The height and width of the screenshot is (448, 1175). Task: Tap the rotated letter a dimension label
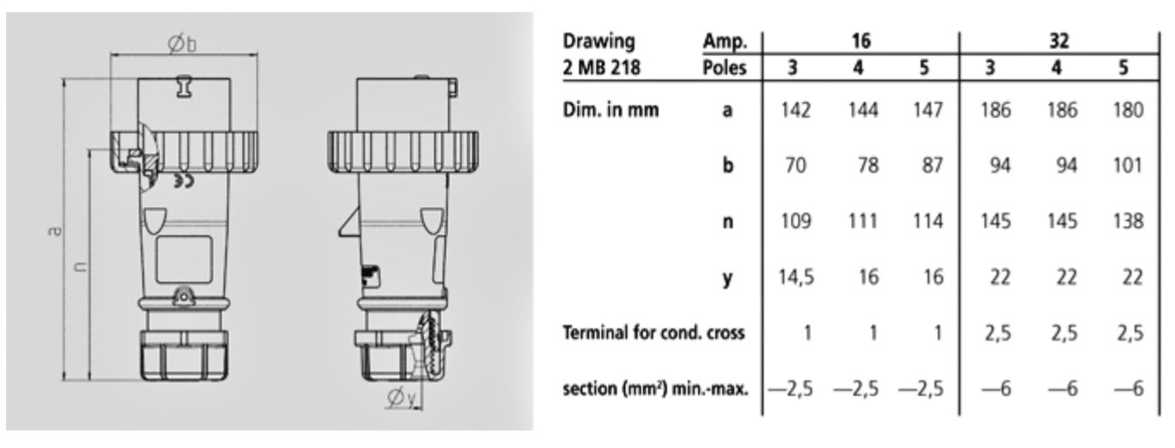(55, 231)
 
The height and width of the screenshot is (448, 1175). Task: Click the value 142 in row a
(795, 109)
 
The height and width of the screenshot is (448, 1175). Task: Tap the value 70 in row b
(795, 165)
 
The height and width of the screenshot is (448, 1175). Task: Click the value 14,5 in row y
(795, 277)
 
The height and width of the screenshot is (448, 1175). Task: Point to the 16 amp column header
(859, 40)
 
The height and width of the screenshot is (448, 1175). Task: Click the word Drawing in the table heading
(597, 40)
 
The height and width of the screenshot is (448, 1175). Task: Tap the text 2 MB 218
(601, 67)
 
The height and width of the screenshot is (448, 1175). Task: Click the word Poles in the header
(724, 67)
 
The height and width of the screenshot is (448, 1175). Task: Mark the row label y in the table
(728, 277)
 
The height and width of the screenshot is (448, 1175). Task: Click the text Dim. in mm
(610, 109)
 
